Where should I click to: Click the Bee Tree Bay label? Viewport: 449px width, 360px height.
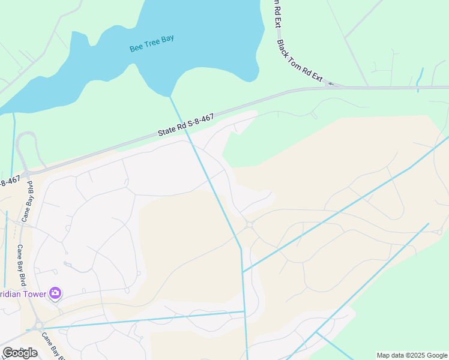(152, 43)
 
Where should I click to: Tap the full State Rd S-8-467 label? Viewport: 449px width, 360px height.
(186, 124)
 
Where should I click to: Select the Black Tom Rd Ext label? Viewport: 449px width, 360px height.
(300, 61)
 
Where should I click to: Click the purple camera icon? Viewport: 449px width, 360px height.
(55, 293)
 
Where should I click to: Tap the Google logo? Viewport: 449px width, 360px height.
(20, 353)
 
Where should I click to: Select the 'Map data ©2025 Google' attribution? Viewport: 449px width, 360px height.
(412, 355)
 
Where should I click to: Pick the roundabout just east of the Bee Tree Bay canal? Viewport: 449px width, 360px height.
(249, 224)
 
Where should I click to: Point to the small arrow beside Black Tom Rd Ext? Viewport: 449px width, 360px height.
(330, 84)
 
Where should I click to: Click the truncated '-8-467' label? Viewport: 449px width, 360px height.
(10, 179)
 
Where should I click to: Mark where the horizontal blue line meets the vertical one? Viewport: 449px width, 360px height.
(245, 311)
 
